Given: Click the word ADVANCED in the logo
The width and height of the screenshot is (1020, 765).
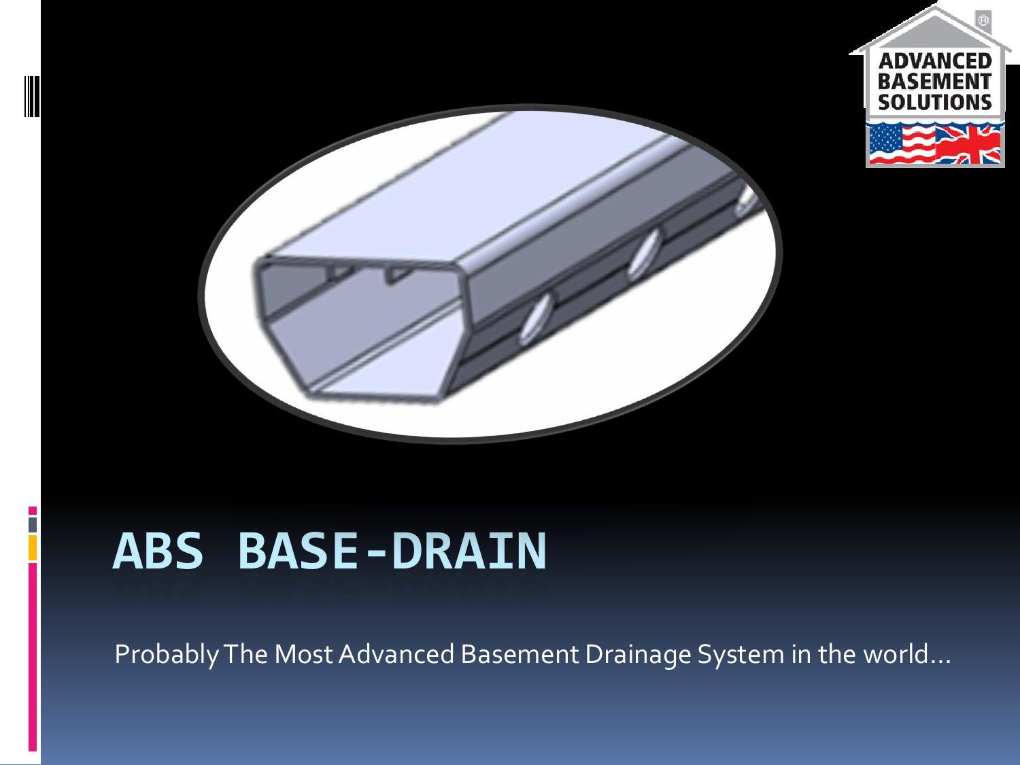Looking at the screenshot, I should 935,61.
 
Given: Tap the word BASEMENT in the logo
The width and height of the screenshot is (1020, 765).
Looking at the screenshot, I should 935,82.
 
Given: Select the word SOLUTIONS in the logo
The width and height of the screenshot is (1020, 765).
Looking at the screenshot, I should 935,103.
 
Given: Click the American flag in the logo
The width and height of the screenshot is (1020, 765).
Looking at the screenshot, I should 901,144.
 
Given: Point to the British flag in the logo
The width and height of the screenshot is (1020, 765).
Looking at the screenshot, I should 968,144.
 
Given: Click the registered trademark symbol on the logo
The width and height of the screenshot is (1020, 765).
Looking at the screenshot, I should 983,21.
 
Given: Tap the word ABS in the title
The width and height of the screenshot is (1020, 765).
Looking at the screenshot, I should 158,551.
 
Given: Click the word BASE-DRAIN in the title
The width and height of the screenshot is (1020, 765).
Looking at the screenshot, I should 392,551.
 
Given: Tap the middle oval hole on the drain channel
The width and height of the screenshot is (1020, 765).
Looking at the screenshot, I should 642,254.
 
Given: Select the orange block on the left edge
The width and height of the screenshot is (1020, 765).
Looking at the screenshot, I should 33,548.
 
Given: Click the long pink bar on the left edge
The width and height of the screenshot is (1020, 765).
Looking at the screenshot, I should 33,656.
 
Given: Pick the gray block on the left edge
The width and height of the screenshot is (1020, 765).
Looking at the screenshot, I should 33,524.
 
